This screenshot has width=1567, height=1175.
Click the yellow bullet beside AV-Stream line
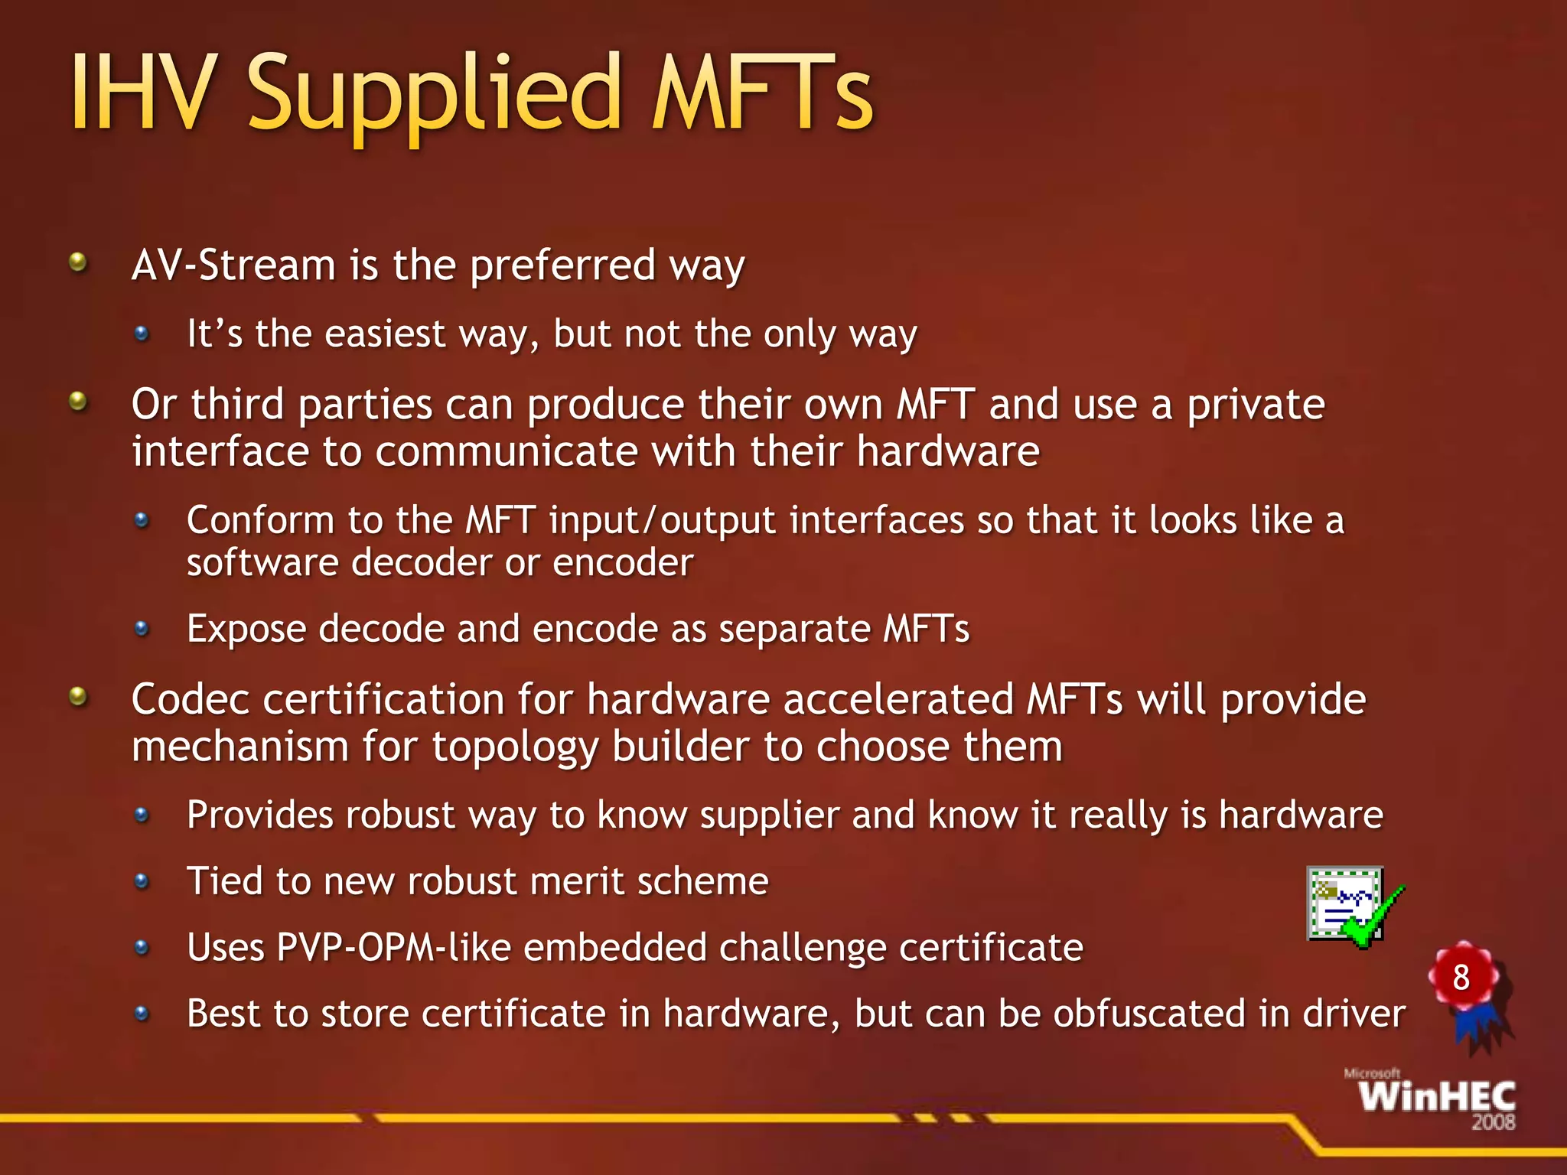point(78,263)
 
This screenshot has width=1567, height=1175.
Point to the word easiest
point(385,334)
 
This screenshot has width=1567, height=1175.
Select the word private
point(1256,405)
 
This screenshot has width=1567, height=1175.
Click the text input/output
point(663,521)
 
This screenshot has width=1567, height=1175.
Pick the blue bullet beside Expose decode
point(142,629)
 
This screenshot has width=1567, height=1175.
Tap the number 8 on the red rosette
point(1461,977)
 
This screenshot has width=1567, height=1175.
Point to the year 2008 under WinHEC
point(1493,1122)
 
